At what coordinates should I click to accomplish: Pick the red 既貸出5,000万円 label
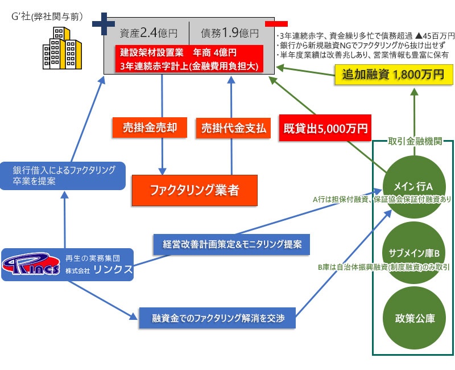tap(325, 128)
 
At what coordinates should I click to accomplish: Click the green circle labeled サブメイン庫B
tap(415, 252)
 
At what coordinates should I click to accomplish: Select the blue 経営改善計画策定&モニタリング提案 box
tap(231, 245)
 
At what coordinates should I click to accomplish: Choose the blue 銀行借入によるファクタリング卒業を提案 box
tap(64, 176)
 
